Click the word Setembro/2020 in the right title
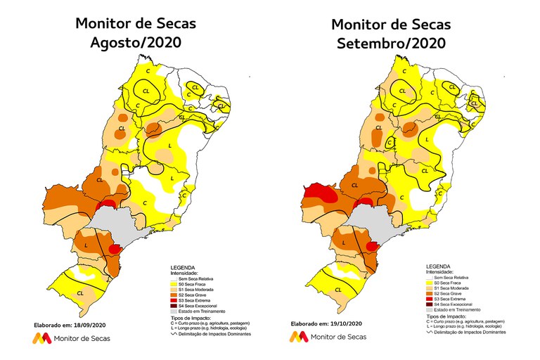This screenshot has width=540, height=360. coord(392,44)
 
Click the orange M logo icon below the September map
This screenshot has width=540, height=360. coord(298,338)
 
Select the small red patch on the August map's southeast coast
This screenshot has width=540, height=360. coord(116,247)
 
